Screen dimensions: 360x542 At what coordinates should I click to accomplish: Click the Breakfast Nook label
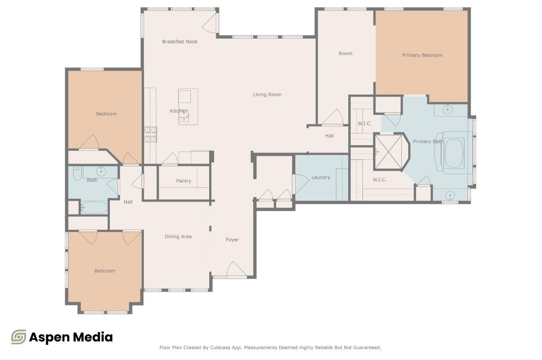180,42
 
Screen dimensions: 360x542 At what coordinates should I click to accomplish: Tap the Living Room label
267,94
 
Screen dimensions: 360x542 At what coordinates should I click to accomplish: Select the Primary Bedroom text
422,55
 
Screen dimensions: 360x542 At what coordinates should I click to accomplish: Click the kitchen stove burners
150,134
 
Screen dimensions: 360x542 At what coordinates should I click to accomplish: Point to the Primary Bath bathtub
454,153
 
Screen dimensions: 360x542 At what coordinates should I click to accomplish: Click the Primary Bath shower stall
388,151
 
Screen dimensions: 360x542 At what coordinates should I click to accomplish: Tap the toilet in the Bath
78,173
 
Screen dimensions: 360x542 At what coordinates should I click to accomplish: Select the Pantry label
183,181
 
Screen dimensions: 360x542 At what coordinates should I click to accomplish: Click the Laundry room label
321,178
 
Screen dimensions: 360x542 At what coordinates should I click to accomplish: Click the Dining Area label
178,237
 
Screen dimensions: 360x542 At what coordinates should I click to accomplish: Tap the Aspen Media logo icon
19,337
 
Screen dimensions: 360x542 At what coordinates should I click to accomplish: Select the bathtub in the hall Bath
94,208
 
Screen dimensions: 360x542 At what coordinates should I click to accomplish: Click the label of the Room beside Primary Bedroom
346,54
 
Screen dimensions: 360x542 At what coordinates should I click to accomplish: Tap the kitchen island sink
185,114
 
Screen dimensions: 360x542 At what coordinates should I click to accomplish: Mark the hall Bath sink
102,170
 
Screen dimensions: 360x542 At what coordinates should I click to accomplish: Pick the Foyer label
232,240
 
